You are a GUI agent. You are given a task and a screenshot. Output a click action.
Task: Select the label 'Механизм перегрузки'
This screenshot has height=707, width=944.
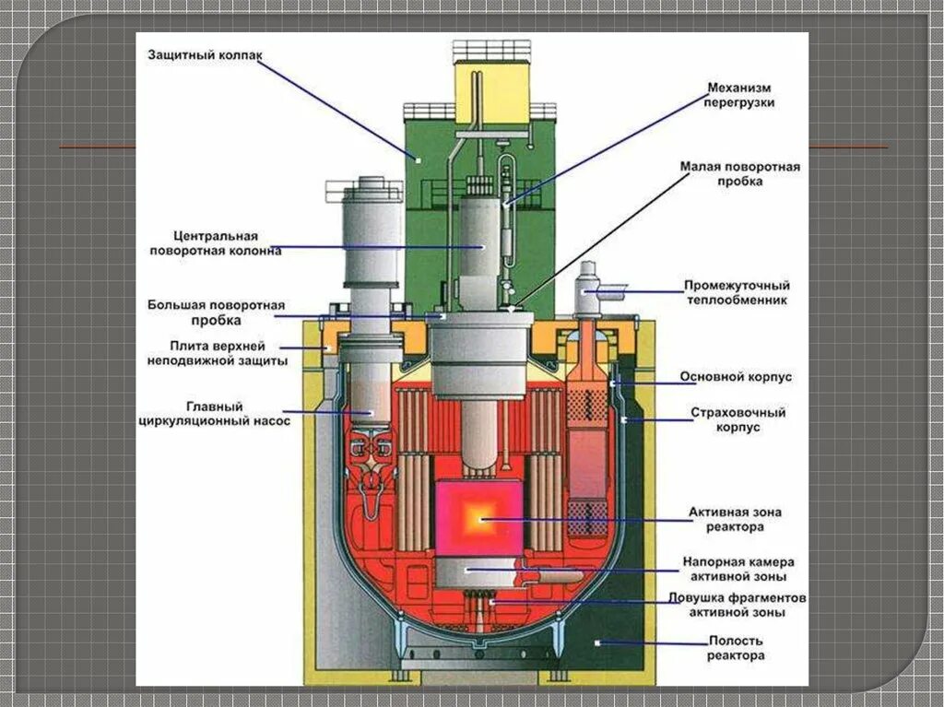click(x=740, y=95)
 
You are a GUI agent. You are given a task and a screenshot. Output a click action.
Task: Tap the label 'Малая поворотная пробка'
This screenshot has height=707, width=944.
click(x=740, y=174)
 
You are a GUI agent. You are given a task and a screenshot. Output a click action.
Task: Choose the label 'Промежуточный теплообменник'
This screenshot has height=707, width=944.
click(x=737, y=292)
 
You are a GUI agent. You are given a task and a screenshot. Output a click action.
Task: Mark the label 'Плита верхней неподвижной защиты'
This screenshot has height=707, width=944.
click(x=218, y=353)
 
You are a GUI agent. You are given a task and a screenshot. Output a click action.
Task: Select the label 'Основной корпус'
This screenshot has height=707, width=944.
click(x=736, y=376)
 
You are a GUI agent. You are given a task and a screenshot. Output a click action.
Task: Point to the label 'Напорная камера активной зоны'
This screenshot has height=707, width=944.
click(x=738, y=569)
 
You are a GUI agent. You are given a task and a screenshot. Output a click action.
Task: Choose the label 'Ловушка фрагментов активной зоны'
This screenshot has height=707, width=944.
click(x=737, y=605)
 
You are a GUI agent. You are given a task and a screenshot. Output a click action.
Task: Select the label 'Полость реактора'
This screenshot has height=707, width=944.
click(x=735, y=648)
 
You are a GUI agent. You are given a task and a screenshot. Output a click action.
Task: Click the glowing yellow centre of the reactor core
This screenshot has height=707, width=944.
click(x=478, y=519)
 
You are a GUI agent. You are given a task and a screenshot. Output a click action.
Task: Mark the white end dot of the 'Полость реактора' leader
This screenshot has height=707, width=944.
click(x=598, y=642)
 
